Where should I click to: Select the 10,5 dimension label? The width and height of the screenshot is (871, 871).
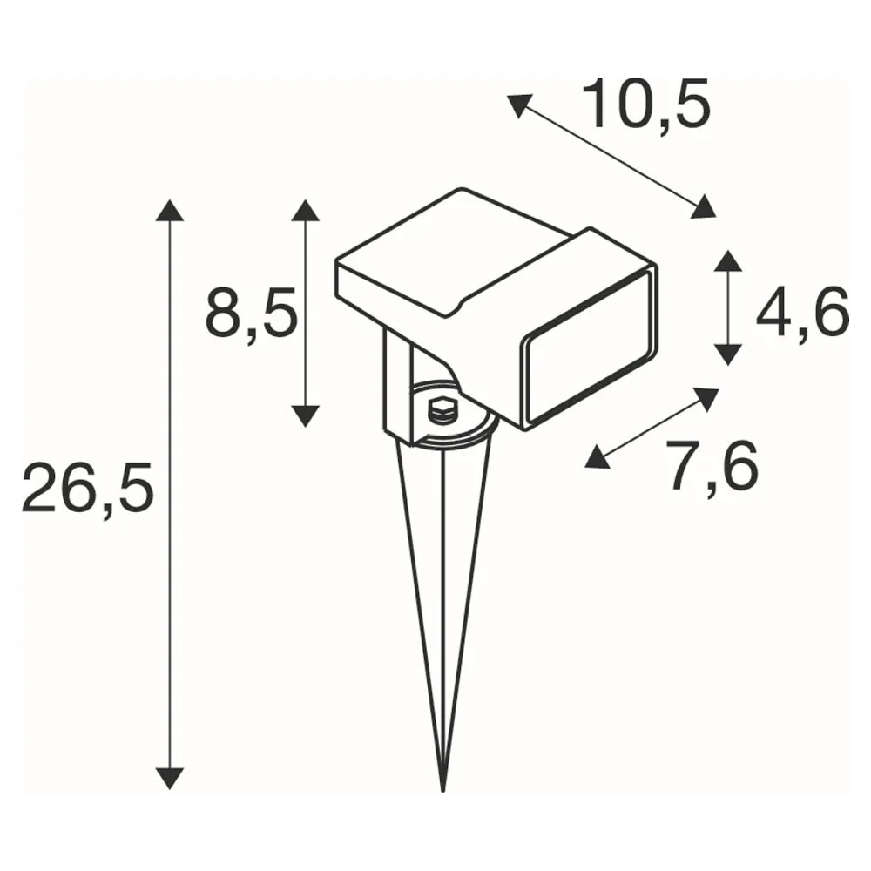[646, 105]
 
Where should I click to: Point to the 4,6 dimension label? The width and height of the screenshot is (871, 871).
[803, 312]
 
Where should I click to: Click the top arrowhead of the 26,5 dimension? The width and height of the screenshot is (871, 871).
[170, 210]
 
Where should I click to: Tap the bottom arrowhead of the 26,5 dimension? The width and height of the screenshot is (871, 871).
[170, 778]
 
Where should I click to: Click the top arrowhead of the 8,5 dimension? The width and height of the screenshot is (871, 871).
[305, 210]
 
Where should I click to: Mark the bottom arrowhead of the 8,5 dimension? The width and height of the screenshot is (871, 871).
[305, 415]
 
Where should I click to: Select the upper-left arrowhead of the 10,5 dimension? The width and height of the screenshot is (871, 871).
[519, 105]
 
